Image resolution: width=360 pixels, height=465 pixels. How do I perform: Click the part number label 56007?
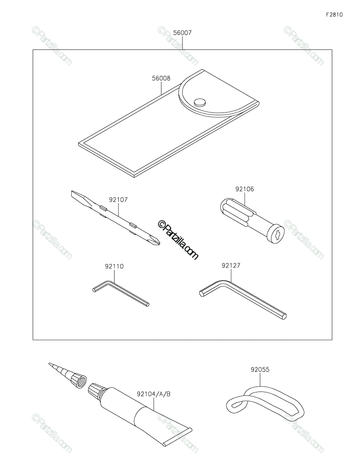click(x=182, y=33)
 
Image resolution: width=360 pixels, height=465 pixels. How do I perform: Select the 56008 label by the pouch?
click(x=161, y=78)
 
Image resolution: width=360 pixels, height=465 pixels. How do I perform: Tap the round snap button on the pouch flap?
click(x=200, y=102)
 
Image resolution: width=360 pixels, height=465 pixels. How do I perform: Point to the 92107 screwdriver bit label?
click(x=118, y=200)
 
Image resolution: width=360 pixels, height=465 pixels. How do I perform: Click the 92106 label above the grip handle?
click(x=245, y=189)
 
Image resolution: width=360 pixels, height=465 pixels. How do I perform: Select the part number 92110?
click(x=114, y=267)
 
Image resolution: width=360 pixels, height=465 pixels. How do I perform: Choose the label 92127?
click(x=231, y=265)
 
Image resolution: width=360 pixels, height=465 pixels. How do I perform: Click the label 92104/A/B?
click(x=154, y=394)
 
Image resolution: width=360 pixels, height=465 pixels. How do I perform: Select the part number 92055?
click(x=260, y=370)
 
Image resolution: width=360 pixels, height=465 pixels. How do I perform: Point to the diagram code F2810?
click(x=334, y=15)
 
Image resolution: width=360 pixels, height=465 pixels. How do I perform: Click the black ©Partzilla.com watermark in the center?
click(x=178, y=240)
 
